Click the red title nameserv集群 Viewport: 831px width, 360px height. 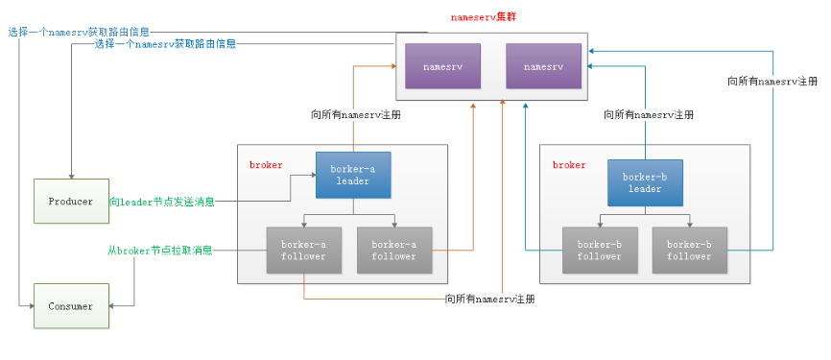point(487,17)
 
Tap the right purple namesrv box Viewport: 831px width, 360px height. point(543,68)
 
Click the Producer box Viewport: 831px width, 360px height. point(70,202)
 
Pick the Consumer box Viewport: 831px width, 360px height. point(70,306)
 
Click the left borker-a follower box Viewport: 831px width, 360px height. point(303,251)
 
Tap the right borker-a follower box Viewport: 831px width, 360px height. point(394,251)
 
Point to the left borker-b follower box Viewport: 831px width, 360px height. point(599,251)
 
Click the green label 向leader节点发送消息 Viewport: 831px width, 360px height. point(160,203)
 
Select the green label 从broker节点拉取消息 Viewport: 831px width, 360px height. point(159,251)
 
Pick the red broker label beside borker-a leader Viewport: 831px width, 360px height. point(266,165)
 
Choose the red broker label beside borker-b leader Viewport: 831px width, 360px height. point(568,165)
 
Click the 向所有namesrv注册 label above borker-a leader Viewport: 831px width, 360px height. point(356,114)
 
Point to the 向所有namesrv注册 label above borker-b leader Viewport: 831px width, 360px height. point(648,114)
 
